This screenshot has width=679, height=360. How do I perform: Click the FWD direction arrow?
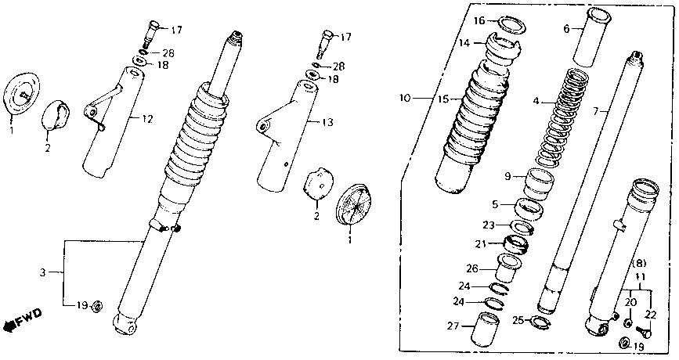23,319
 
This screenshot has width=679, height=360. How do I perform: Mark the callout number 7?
597,112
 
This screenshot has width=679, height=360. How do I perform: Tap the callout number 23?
488,225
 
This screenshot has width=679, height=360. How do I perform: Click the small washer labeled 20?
628,322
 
